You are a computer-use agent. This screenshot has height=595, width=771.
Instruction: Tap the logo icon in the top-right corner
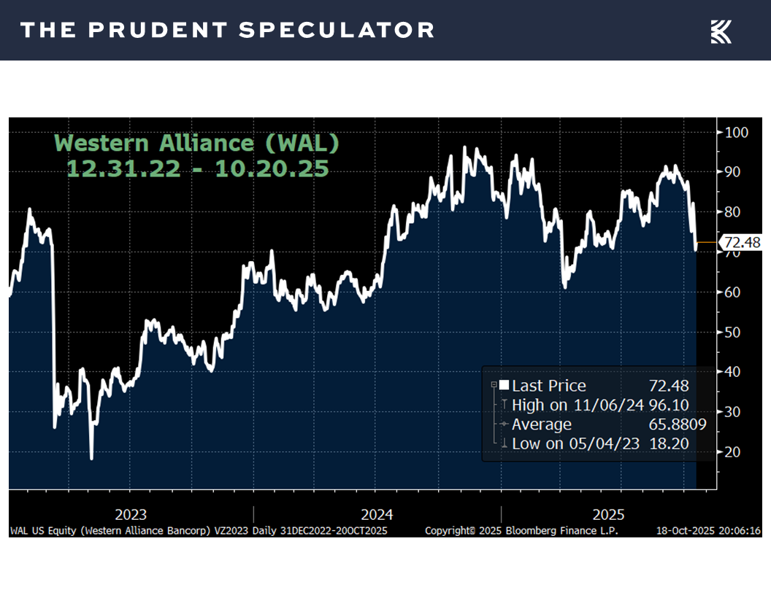[721, 31]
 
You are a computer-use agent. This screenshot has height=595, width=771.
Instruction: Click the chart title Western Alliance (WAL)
[198, 143]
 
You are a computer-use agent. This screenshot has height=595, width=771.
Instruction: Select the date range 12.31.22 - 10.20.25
[197, 169]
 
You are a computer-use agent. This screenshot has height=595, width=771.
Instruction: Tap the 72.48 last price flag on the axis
[740, 242]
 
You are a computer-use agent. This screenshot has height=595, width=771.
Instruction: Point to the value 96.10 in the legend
[669, 405]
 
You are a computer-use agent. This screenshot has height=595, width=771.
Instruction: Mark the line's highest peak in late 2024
[465, 148]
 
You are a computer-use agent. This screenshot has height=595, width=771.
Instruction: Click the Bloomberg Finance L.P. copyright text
[521, 531]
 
